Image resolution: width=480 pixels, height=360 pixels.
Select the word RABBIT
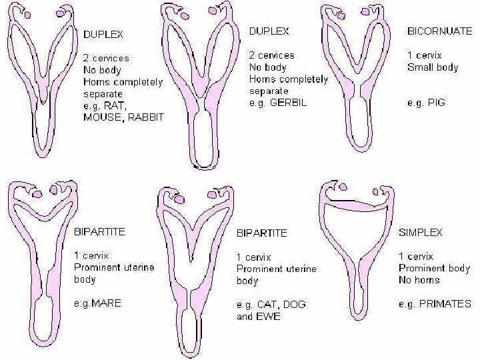point(146,117)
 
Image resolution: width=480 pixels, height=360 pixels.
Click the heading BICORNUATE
point(439,31)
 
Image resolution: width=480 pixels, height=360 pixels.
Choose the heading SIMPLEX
point(421,233)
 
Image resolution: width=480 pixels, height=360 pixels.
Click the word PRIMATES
point(446,304)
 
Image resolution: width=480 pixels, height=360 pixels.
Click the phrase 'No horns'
point(419,280)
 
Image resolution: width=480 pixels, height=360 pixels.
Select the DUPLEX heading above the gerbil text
point(269,31)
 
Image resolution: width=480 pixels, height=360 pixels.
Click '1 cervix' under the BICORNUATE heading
point(425,55)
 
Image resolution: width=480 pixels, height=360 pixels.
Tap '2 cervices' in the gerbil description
point(271,55)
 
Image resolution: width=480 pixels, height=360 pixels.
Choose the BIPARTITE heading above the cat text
point(262,233)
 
